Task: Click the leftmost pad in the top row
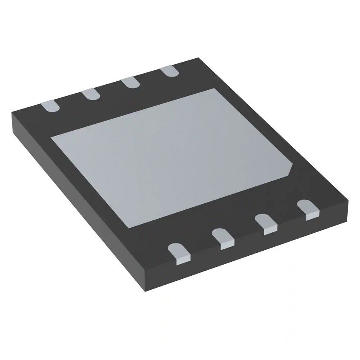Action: pos(51,105)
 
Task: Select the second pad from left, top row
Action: pos(91,94)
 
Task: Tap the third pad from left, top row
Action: pos(130,82)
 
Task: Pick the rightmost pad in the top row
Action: pos(170,71)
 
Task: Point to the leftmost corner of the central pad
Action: pos(51,137)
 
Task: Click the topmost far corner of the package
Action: pos(198,58)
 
